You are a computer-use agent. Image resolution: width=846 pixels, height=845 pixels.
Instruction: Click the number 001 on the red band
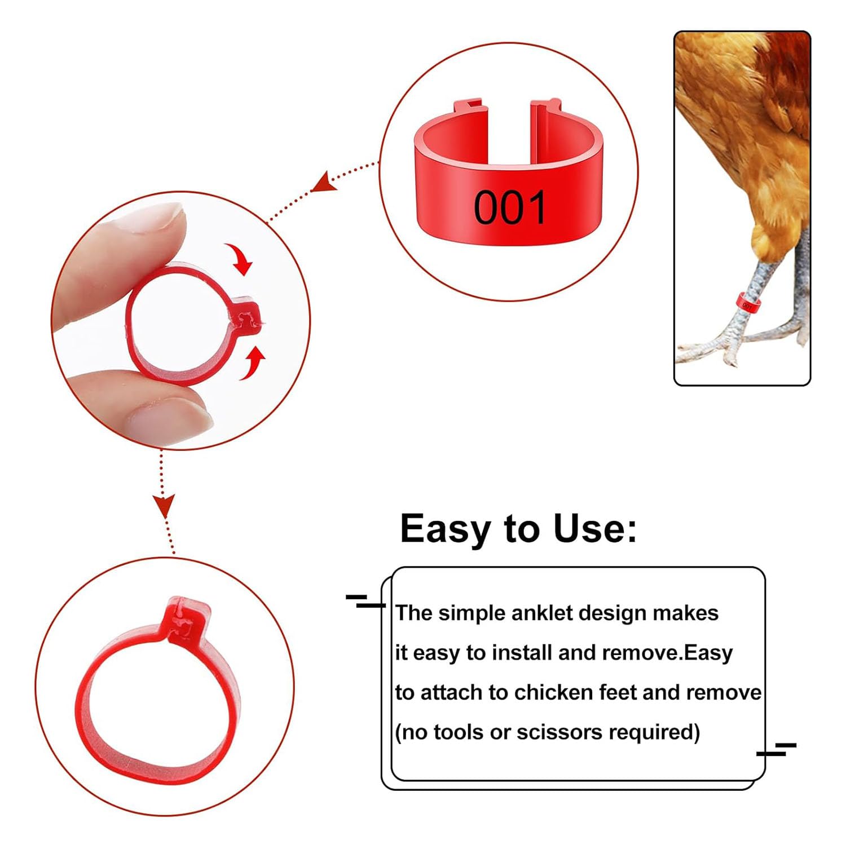(x=510, y=207)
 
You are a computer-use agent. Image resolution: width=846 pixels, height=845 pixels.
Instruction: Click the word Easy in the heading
(x=445, y=529)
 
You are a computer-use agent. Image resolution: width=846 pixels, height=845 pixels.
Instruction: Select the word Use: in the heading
(x=595, y=529)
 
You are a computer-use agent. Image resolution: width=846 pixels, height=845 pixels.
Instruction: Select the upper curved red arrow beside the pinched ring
(x=239, y=258)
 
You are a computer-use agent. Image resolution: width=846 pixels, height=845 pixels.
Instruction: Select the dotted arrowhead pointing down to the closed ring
(x=165, y=505)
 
